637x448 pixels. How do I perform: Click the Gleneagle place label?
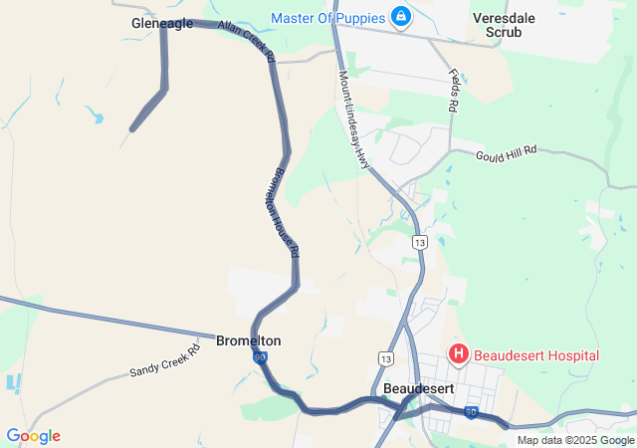[162, 23]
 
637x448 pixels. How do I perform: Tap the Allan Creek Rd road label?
[246, 42]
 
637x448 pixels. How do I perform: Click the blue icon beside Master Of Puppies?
[400, 17]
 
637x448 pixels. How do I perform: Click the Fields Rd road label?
[454, 90]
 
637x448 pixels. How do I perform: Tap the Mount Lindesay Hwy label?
[353, 117]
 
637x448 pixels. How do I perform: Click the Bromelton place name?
[248, 340]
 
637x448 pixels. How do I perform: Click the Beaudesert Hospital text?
[535, 355]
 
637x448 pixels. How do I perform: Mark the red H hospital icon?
[459, 353]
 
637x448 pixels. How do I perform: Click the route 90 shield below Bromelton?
[260, 357]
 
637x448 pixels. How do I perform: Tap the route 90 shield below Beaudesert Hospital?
[471, 411]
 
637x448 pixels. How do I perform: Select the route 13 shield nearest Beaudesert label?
[386, 357]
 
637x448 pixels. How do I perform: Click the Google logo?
[33, 436]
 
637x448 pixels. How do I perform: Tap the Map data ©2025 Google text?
[574, 440]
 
